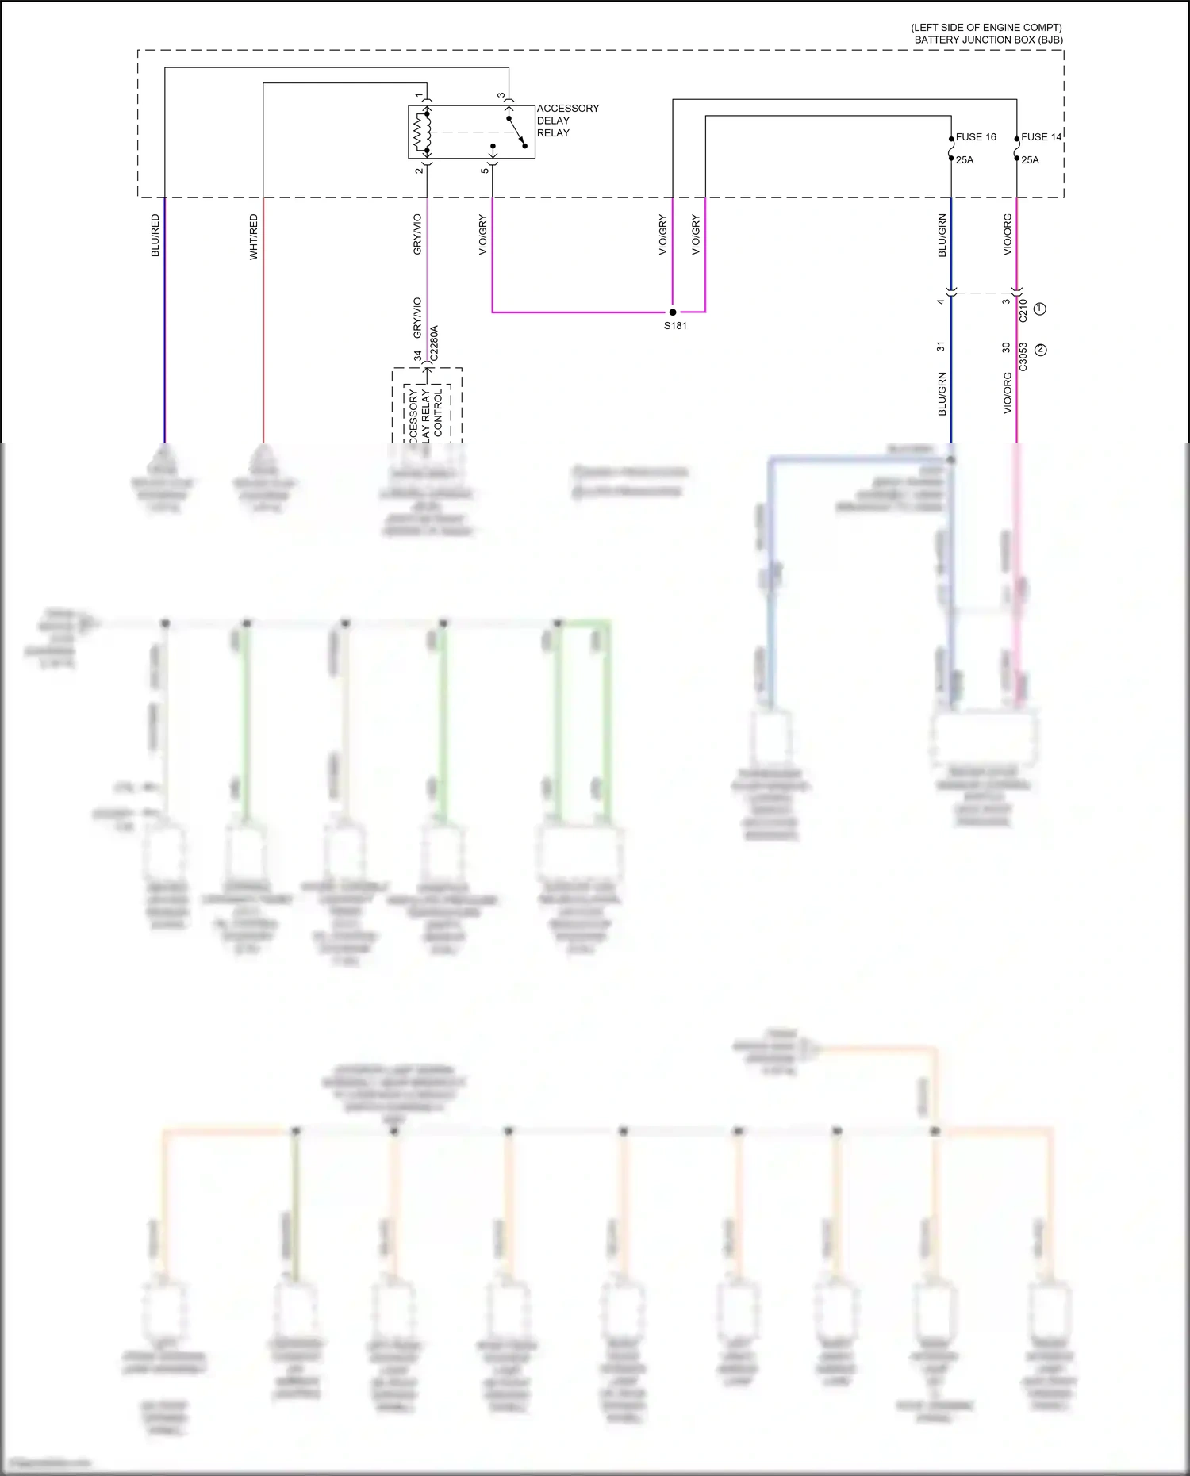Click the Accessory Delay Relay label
coord(567,121)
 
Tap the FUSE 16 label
coord(975,137)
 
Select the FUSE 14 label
coord(1041,137)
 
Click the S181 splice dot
coord(673,312)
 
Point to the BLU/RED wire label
coord(155,235)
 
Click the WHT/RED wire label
coord(254,236)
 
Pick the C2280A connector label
coord(434,343)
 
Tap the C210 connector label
coord(1023,310)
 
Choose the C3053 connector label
coord(1023,357)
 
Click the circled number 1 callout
coord(1040,309)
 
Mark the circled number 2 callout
coord(1041,350)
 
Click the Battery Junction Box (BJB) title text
coord(988,40)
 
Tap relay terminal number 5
coord(485,171)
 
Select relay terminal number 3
coord(501,96)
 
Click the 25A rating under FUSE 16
coord(965,160)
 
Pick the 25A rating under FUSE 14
coord(1030,160)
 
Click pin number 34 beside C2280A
coord(418,356)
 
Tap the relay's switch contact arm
coord(516,131)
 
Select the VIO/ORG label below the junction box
coord(1008,235)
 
